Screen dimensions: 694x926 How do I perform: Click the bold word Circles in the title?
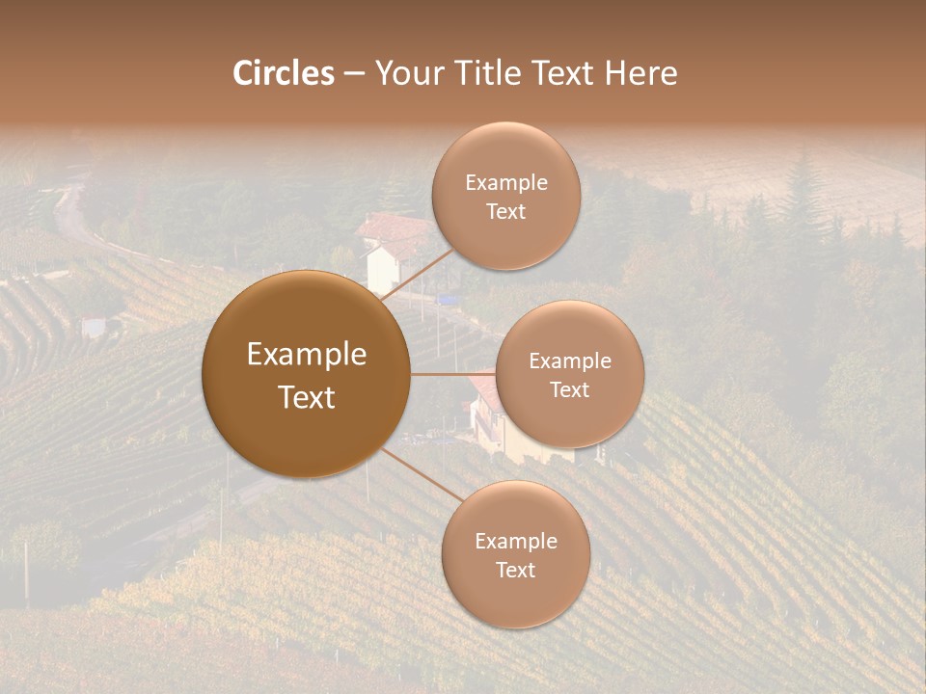click(x=284, y=73)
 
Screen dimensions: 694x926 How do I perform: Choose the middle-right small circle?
click(x=569, y=424)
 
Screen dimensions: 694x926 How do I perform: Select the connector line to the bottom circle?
click(x=420, y=473)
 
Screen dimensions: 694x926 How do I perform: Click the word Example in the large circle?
click(x=306, y=355)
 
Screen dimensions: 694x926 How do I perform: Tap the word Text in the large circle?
click(x=306, y=397)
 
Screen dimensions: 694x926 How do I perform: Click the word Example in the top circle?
click(x=505, y=183)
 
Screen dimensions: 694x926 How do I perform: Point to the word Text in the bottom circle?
click(x=515, y=570)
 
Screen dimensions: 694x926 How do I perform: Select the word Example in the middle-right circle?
click(x=569, y=361)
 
